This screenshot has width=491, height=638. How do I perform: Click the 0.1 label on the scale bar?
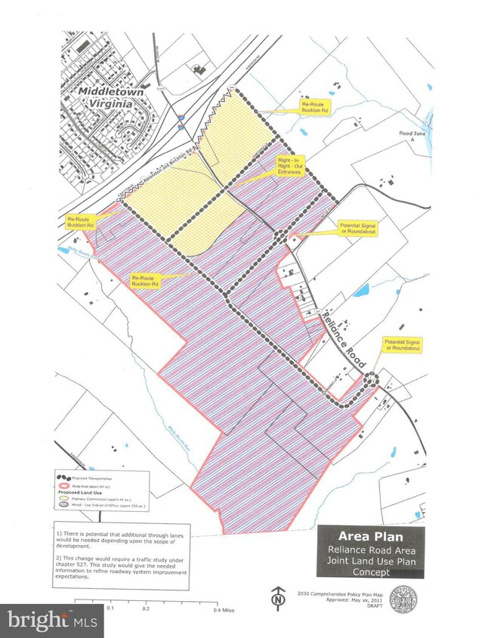coord(111,607)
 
